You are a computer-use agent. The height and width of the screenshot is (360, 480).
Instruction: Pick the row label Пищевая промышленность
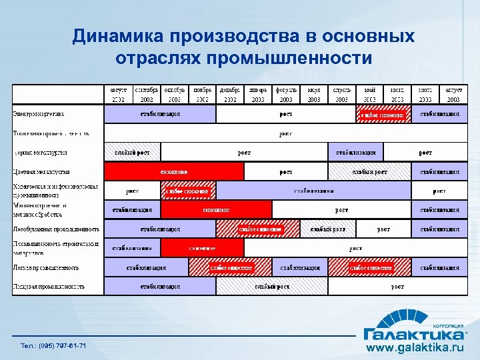tap(49, 287)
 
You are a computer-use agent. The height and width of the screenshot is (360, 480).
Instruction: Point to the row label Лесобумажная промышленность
tap(57, 229)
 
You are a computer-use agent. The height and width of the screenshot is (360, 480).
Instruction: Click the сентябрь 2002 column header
tap(147, 94)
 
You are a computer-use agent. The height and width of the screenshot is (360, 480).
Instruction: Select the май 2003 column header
tap(369, 94)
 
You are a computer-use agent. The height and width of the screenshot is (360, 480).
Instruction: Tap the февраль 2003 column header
tap(285, 94)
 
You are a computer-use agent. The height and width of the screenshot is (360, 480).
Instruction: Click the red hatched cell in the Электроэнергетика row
tap(383, 114)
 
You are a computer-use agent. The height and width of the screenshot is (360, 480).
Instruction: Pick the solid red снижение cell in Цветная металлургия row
tap(173, 171)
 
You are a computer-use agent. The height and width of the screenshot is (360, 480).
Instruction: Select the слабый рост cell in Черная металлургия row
tap(132, 153)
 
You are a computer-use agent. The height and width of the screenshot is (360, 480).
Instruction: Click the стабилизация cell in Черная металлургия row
tap(355, 153)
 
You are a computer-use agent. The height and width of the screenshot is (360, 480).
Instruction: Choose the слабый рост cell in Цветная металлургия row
tap(369, 171)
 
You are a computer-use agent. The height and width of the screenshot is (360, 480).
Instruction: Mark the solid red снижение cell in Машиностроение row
tap(216, 209)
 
